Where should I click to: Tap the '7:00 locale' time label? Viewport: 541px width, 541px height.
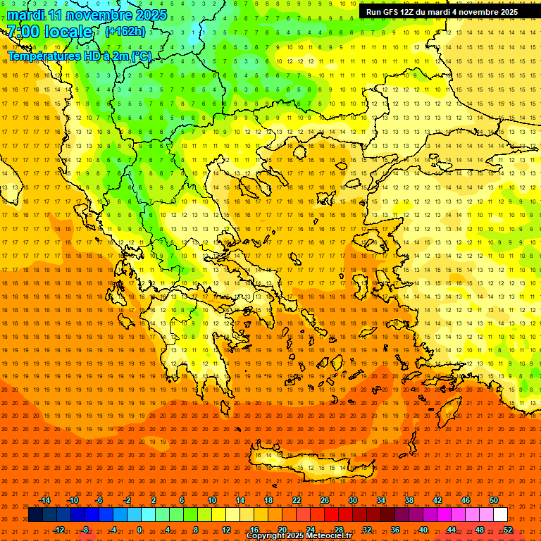[x=49, y=32]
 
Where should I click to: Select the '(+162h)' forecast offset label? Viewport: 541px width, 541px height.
[x=125, y=31]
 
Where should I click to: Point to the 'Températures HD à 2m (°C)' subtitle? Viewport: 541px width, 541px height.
[x=79, y=56]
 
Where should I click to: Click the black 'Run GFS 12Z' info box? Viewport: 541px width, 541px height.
[x=442, y=12]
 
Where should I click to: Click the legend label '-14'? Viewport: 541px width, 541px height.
[x=44, y=500]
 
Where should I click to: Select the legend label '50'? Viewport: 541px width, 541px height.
[x=493, y=500]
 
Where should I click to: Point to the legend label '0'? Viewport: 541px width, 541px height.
[x=139, y=530]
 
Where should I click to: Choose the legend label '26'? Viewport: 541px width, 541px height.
[x=324, y=500]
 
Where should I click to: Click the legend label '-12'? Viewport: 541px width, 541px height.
[x=59, y=530]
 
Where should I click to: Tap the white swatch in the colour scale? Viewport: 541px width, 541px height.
[x=500, y=515]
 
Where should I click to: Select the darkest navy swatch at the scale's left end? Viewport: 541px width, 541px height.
[x=35, y=515]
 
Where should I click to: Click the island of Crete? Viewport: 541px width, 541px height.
[x=310, y=466]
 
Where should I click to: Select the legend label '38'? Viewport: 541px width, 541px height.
[x=409, y=500]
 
